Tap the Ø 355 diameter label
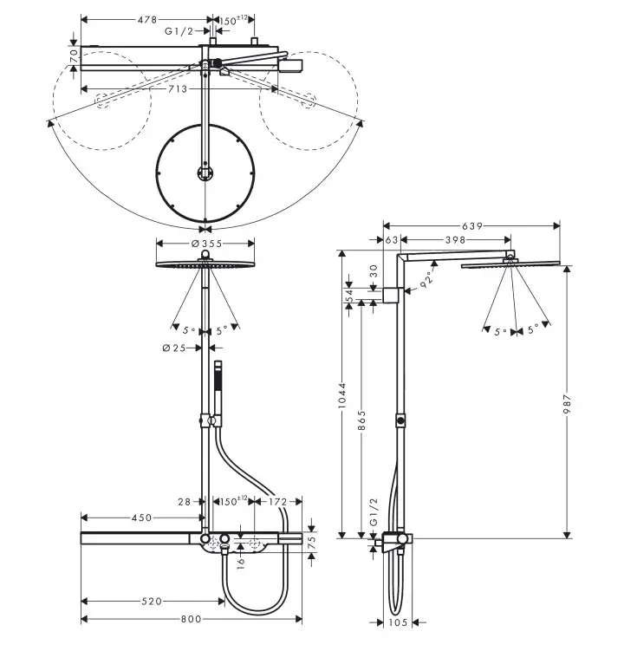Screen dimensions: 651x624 click(205, 244)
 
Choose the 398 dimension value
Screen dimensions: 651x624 click(455, 239)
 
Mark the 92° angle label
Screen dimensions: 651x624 click(426, 280)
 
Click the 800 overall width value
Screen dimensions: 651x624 click(192, 618)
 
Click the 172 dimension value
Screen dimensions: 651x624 click(277, 502)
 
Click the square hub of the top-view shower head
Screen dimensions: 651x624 click(205, 172)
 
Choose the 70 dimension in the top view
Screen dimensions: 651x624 click(74, 55)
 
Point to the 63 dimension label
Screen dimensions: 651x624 click(390, 239)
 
